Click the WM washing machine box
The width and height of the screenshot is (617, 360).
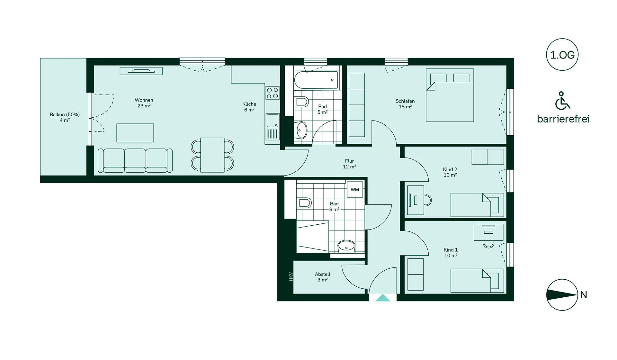point(355,189)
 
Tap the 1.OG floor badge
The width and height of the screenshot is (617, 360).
point(562,55)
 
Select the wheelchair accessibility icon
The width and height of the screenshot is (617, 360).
point(562,100)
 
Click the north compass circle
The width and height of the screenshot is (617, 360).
point(562,295)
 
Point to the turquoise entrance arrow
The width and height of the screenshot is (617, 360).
point(383,298)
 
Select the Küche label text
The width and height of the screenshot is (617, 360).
point(249,104)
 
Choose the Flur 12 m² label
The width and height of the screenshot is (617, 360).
point(349,164)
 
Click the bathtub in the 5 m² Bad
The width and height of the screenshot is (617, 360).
point(316,80)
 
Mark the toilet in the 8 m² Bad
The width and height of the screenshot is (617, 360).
point(304,203)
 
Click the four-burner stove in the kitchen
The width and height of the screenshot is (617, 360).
point(273,93)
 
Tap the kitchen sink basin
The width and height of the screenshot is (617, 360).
point(272,121)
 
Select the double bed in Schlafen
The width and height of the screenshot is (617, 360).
point(450,95)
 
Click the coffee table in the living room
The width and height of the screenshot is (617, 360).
point(135,133)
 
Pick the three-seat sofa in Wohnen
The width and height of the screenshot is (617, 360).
point(135,160)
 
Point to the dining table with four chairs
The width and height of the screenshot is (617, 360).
point(212,155)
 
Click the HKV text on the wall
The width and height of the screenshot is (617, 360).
point(291,276)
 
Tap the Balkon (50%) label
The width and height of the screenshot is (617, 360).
point(65,114)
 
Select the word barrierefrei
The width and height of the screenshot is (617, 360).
point(563,119)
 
